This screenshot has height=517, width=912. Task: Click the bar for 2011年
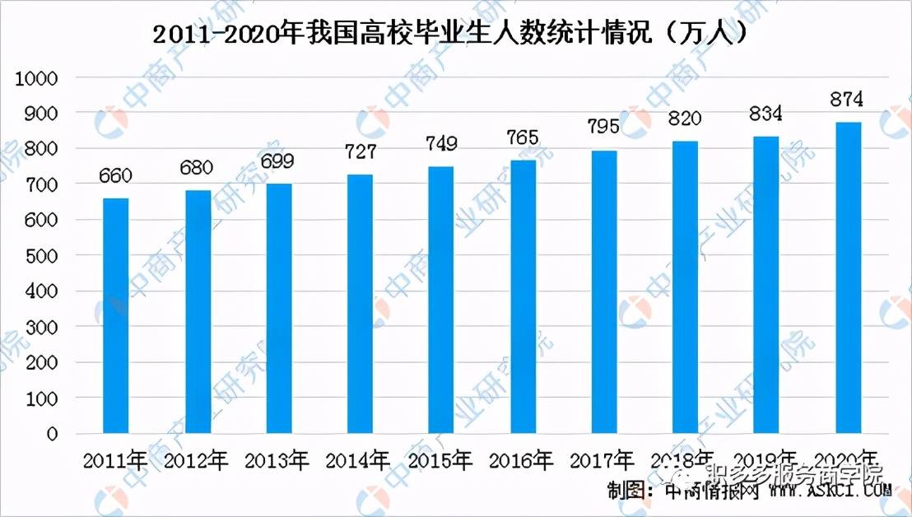[x=115, y=314]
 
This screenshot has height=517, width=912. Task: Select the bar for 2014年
[x=360, y=303]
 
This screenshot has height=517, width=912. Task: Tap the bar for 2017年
[x=603, y=291]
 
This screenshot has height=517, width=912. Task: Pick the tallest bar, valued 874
[x=848, y=277]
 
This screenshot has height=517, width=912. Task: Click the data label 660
[x=116, y=175]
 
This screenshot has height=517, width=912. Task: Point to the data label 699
[x=277, y=161]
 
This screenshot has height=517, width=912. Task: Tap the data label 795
[x=603, y=128]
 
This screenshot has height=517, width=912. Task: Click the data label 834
[x=765, y=113]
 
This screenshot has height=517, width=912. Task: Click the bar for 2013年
[x=278, y=308]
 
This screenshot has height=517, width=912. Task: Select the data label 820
[x=684, y=119]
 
